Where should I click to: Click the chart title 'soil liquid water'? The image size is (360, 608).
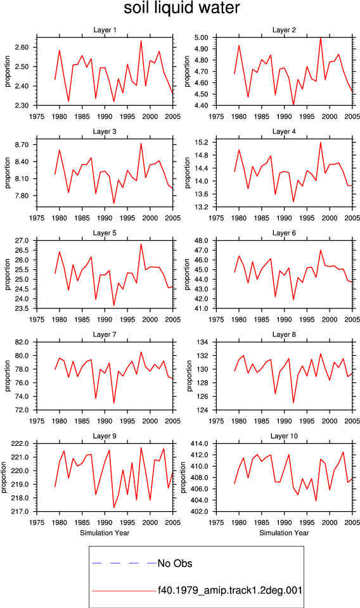coord(181,8)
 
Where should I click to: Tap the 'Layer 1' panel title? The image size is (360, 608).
coord(105,30)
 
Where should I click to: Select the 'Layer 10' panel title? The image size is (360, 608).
coord(284,436)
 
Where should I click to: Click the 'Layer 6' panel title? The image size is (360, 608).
coord(284,232)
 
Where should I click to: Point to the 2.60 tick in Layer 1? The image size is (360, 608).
coord(22,47)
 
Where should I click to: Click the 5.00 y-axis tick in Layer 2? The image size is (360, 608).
coord(201,37)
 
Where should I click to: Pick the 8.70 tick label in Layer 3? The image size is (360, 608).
coord(22,144)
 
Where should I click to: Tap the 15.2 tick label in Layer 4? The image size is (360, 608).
coord(201,142)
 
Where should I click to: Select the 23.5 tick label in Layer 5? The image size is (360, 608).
coord(22,308)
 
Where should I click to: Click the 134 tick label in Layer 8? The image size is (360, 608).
coord(203,342)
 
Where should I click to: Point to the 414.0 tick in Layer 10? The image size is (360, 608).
coord(200,443)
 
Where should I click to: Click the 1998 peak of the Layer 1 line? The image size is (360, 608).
coord(141,41)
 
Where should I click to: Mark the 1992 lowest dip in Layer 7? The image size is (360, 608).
coord(113,403)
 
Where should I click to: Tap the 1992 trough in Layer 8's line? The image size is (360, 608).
coord(293,403)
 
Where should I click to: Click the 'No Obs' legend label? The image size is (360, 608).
coord(174,563)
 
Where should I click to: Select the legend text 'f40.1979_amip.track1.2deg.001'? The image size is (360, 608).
coord(229,590)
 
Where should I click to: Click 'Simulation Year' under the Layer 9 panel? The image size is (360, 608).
coord(105,533)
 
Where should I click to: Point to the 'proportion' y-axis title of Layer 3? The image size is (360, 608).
coord(8,173)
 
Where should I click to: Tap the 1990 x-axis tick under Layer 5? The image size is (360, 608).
coord(105,319)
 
